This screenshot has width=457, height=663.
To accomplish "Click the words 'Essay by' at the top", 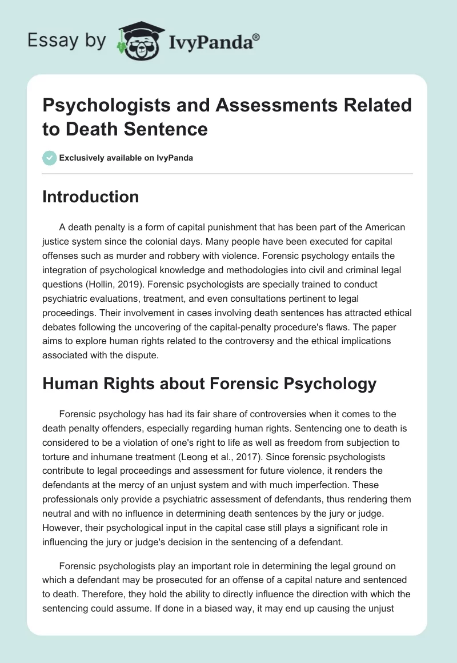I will point(67,41).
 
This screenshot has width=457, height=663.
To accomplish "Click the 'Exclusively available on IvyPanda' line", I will point(126,158).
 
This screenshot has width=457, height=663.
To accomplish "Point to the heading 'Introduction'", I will point(90,197).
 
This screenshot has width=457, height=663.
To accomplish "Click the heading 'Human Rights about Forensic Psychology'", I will point(209,384).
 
